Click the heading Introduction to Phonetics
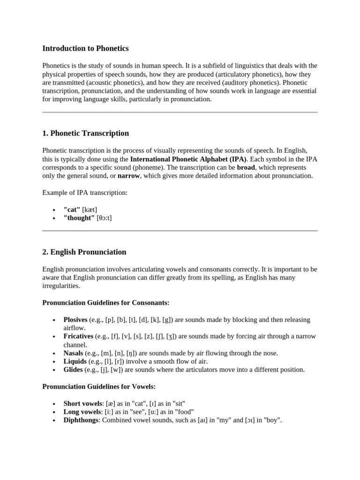pos(85,48)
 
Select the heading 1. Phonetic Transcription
pos(85,133)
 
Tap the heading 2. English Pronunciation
pos(84,252)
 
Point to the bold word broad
pos(246,167)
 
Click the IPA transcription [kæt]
pos(90,210)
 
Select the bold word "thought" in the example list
pos(79,218)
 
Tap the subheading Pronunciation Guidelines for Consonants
pos(106,303)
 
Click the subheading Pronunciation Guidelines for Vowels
pos(99,387)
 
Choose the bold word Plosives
pos(75,320)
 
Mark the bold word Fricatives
pos(78,337)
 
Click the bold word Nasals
pos(73,353)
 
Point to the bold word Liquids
pos(75,361)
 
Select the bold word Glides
pos(73,370)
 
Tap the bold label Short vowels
pos(82,404)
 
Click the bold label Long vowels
pos(82,412)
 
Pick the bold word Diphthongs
pos(81,420)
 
